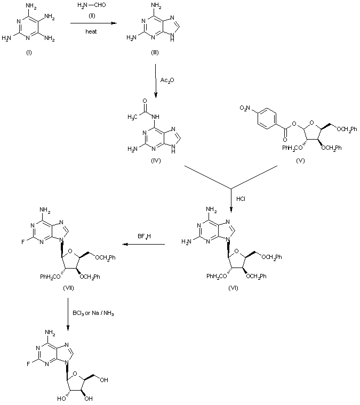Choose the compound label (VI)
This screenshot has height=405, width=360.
[233, 288]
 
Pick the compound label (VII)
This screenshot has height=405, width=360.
[68, 288]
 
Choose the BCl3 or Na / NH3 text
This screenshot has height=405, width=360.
[95, 312]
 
